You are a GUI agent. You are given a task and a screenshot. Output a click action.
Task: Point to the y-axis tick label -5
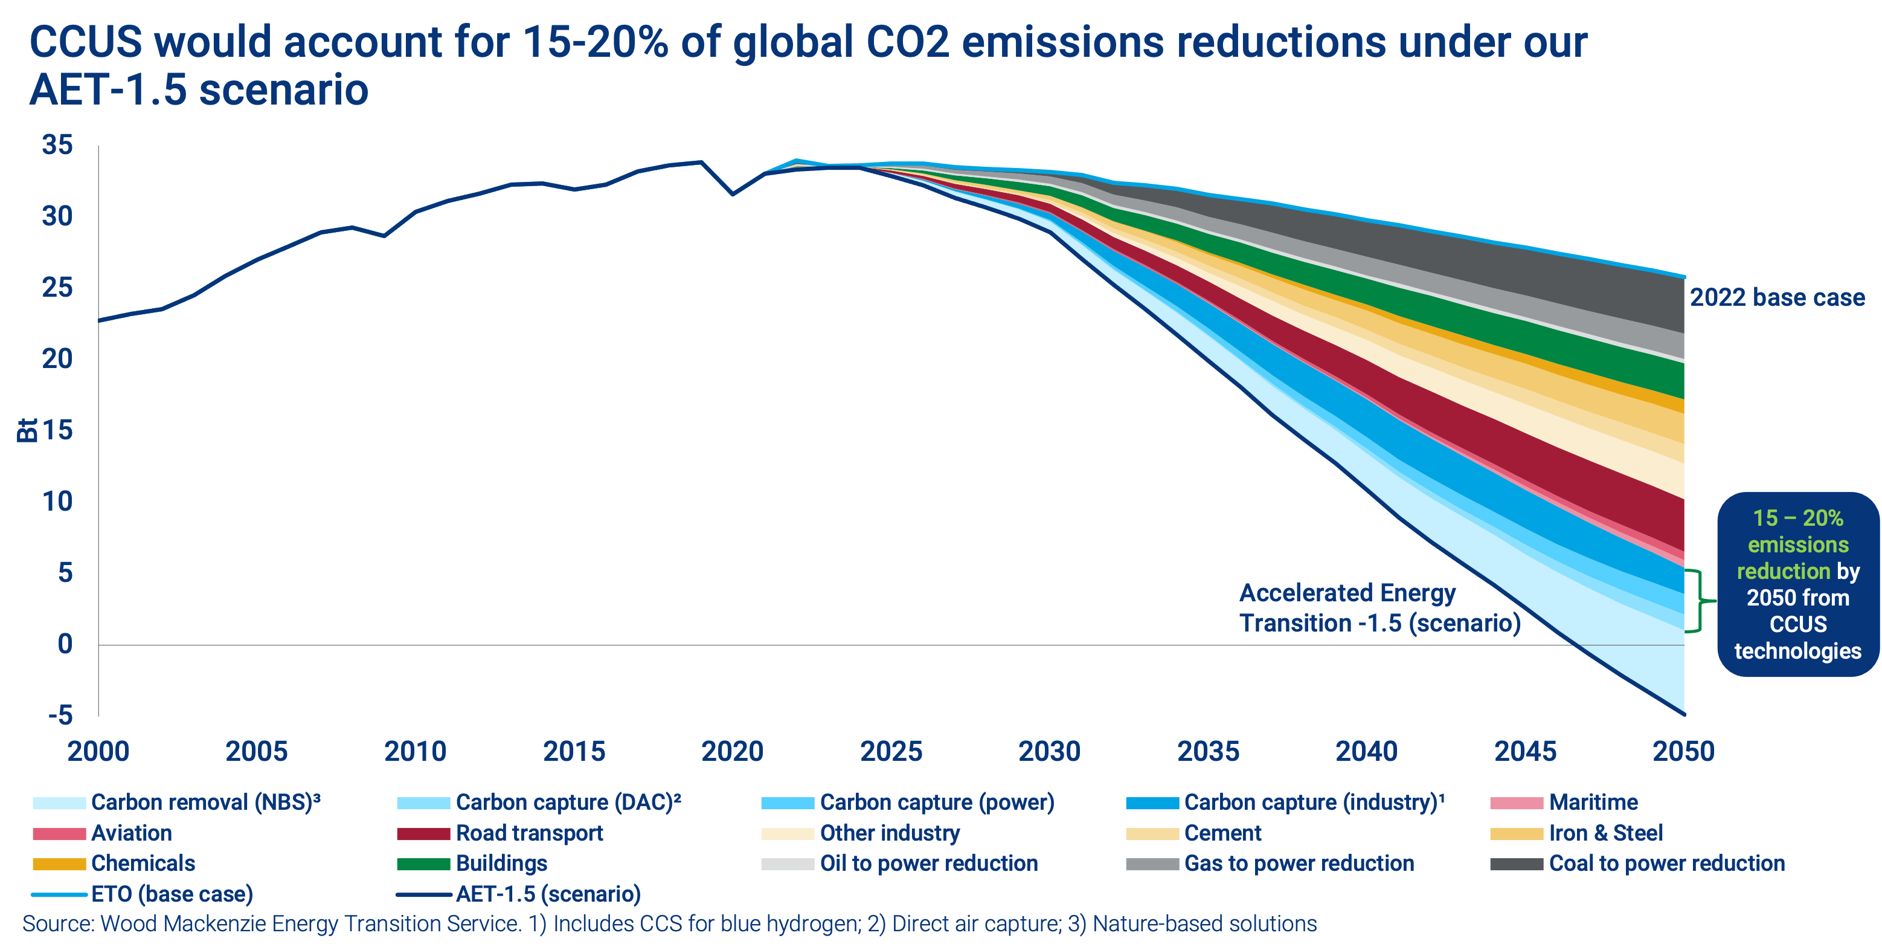(60, 715)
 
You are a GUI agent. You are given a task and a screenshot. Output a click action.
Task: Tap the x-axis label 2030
(1049, 751)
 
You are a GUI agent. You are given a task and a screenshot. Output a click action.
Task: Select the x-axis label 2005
(257, 751)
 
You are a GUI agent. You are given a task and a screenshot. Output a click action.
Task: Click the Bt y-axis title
(27, 430)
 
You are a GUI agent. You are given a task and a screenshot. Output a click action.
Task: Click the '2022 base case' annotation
(1777, 297)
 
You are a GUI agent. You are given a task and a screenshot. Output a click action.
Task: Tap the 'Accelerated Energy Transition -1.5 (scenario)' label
(1379, 608)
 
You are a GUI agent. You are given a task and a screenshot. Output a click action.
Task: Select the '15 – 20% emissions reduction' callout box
(1797, 584)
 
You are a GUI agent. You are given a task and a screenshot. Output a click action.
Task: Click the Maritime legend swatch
(1517, 803)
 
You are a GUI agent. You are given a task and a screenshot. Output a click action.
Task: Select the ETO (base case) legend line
(59, 894)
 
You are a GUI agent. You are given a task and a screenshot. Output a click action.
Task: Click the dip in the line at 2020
(732, 193)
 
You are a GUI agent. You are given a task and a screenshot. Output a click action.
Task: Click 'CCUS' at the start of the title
(86, 42)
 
